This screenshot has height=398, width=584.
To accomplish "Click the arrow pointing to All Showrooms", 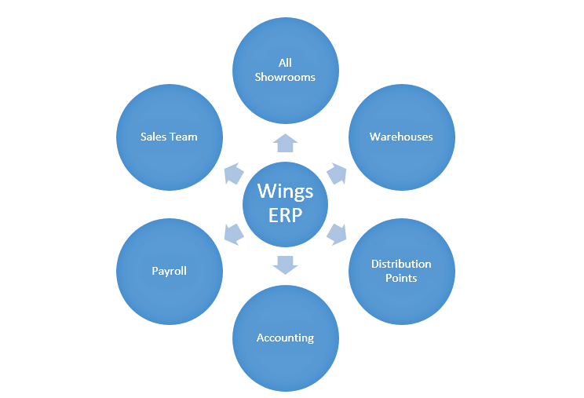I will click(286, 142).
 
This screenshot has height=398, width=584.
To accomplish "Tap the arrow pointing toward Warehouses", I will click(336, 173).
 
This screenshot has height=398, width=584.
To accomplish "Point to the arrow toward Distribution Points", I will click(336, 232).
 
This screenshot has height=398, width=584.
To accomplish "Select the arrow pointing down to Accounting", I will click(286, 265).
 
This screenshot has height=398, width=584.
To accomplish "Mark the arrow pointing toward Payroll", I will click(234, 233).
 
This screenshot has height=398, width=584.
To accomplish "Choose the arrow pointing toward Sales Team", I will click(234, 173).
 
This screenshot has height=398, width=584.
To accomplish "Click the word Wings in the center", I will click(286, 192).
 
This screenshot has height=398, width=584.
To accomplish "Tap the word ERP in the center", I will click(286, 215).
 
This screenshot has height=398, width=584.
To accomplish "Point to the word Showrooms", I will click(286, 77).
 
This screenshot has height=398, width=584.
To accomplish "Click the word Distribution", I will click(401, 264).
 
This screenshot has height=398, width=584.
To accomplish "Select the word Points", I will click(401, 278).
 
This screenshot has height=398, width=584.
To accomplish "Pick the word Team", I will click(184, 137).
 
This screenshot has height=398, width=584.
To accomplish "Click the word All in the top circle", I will click(286, 63).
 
